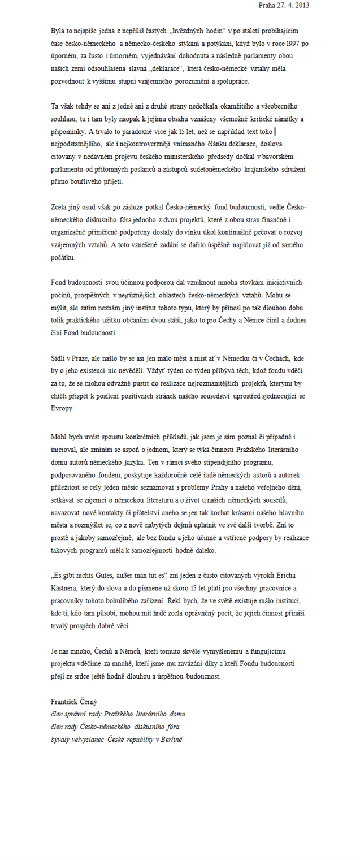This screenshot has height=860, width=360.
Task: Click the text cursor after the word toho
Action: [275, 132]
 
